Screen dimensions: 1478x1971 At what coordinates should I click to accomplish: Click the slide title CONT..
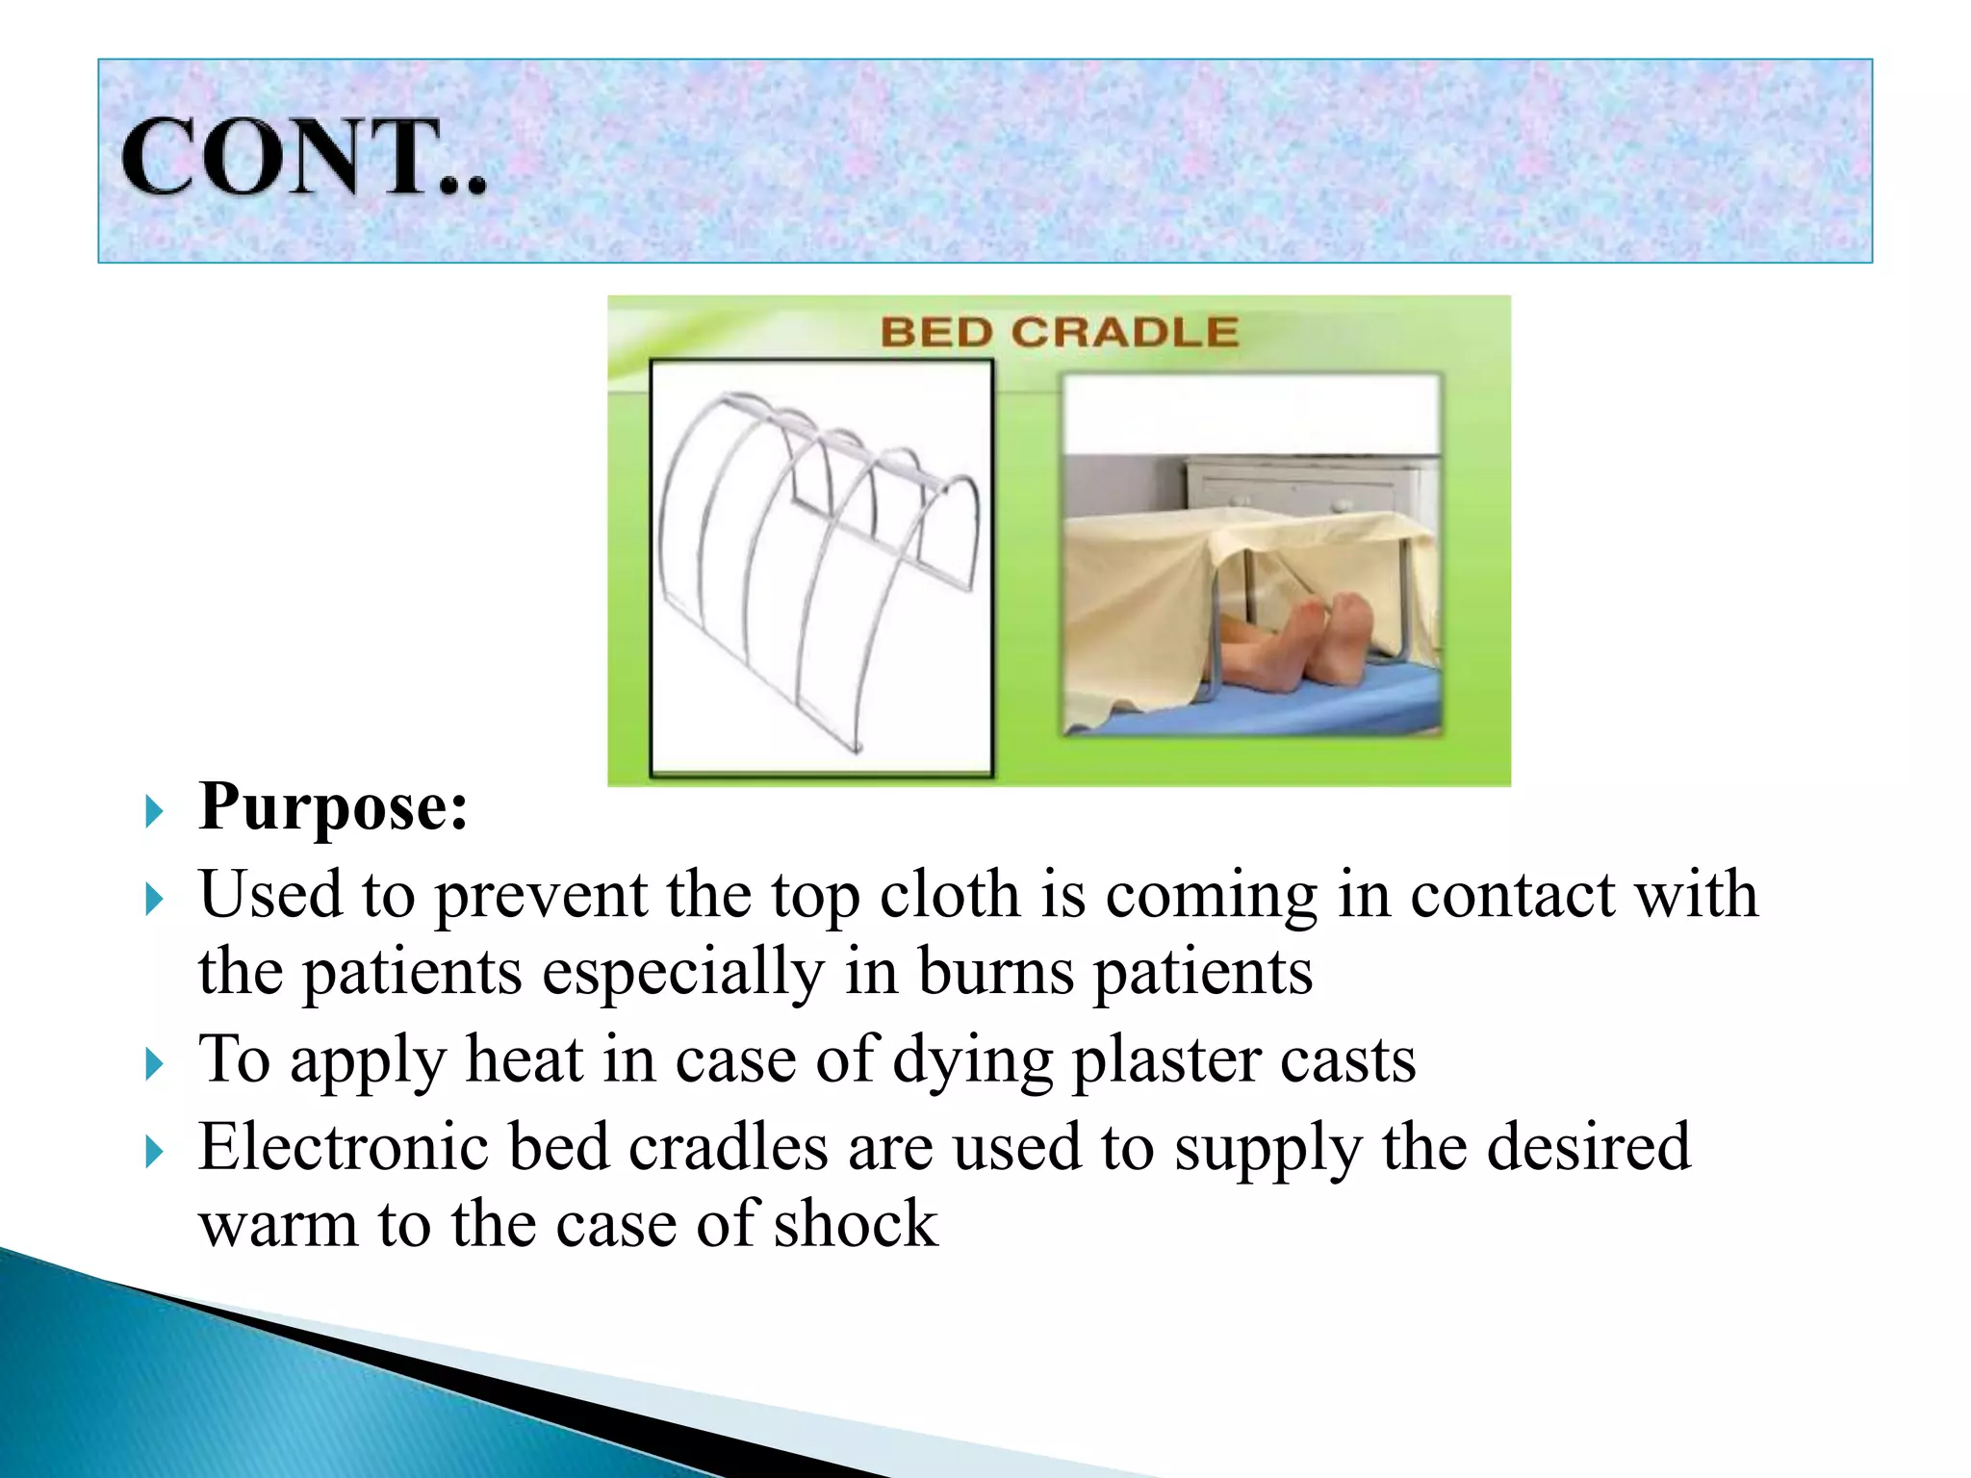click(x=303, y=157)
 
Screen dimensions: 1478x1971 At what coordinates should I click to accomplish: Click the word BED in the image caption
click(x=935, y=333)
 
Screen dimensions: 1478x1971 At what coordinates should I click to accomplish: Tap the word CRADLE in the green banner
click(x=1124, y=333)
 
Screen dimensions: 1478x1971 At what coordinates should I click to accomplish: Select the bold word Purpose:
click(x=333, y=806)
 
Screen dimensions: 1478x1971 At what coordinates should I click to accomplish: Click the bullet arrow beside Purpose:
click(x=154, y=812)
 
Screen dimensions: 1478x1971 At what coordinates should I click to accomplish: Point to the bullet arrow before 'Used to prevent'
click(x=154, y=900)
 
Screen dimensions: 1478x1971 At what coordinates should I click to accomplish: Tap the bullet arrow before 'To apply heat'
click(x=154, y=1065)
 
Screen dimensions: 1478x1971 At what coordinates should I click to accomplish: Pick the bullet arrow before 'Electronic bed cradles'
click(x=154, y=1152)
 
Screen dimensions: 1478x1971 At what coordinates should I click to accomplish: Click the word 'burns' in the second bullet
click(x=995, y=972)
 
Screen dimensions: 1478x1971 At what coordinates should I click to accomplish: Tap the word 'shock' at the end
click(x=855, y=1224)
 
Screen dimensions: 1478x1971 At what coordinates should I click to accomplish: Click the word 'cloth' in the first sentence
click(x=949, y=895)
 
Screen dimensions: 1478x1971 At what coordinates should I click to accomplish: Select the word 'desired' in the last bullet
click(x=1588, y=1147)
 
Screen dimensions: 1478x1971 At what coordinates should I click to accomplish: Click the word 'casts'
click(x=1347, y=1060)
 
